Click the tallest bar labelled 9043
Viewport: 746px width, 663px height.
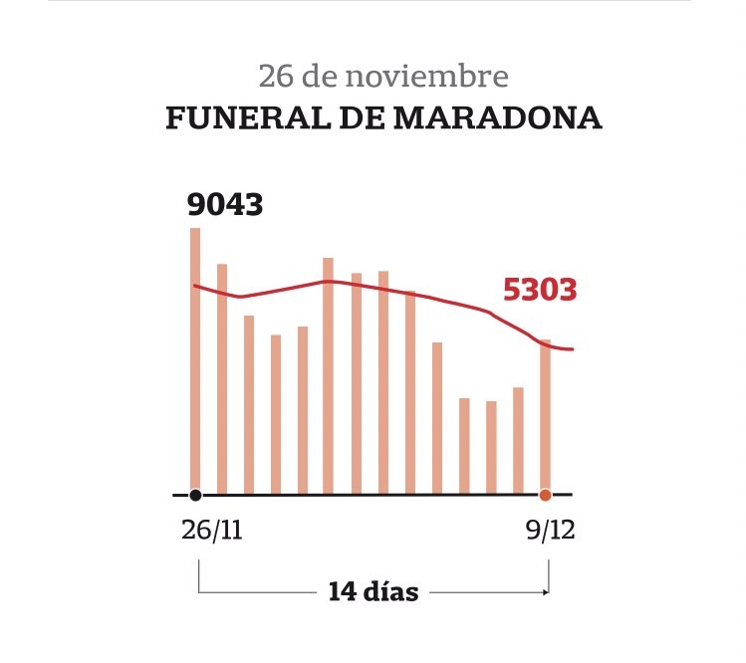pyautogui.click(x=195, y=360)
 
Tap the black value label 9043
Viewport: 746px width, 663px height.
pyautogui.click(x=225, y=204)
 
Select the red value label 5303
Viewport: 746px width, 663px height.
pyautogui.click(x=540, y=290)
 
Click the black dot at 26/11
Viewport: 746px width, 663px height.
pyautogui.click(x=195, y=495)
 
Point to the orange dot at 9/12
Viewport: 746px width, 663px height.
pyautogui.click(x=545, y=495)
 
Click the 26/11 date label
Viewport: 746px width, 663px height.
pyautogui.click(x=212, y=530)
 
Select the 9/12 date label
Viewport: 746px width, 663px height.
pyautogui.click(x=551, y=530)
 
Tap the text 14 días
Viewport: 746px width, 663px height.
pyautogui.click(x=373, y=591)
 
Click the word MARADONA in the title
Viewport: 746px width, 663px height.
pyautogui.click(x=498, y=117)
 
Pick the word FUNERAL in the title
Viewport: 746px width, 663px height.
pyautogui.click(x=248, y=117)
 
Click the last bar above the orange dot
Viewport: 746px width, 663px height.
pyautogui.click(x=545, y=417)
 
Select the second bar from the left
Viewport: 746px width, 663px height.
pyautogui.click(x=222, y=379)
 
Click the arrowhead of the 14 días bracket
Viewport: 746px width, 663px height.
pyautogui.click(x=547, y=592)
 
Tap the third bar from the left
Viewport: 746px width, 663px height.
pyautogui.click(x=249, y=405)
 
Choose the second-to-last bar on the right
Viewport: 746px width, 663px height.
pyautogui.click(x=518, y=440)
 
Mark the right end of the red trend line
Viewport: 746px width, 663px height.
pyautogui.click(x=574, y=349)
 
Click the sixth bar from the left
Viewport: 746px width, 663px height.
pyautogui.click(x=328, y=375)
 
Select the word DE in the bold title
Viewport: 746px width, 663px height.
pyautogui.click(x=363, y=117)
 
